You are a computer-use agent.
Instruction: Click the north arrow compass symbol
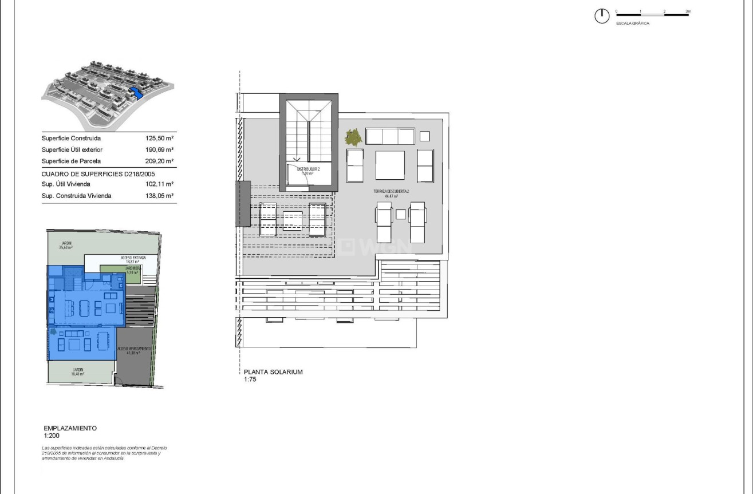click(602, 17)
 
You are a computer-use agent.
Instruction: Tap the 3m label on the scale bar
click(688, 11)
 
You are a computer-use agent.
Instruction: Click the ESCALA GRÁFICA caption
click(633, 23)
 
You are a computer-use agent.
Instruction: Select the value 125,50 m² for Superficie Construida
click(159, 139)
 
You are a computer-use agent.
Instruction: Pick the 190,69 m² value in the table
click(159, 150)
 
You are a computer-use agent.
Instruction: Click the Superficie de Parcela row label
click(71, 161)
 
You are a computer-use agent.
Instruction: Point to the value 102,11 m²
click(159, 184)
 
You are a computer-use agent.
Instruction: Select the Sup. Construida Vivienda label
click(77, 196)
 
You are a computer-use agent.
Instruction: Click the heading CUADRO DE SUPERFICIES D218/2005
click(98, 173)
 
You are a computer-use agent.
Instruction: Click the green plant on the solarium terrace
click(353, 137)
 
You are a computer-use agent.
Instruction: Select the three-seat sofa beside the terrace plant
click(389, 136)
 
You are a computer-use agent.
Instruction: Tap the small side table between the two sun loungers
click(401, 214)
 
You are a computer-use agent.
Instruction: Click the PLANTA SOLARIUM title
click(273, 372)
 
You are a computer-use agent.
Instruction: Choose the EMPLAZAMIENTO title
click(70, 428)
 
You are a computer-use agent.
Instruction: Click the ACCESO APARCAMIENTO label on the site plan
click(134, 350)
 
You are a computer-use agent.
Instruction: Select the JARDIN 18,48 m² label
click(77, 372)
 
